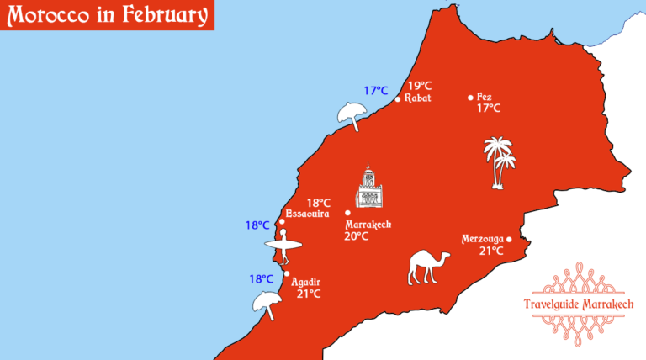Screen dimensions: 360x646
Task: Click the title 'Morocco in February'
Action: pos(106,14)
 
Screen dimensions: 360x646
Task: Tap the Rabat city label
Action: pos(417,98)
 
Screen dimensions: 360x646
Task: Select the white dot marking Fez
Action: pos(470,97)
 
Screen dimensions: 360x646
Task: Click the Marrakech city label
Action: pos(368,225)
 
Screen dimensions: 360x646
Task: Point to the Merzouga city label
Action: pos(482,239)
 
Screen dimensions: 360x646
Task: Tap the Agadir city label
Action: pos(305,282)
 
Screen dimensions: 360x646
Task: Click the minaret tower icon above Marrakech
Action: pos(368,187)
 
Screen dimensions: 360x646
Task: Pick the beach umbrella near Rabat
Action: pos(350,116)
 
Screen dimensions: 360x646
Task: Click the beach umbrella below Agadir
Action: pos(266,304)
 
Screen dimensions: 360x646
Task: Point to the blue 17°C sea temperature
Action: pos(375,91)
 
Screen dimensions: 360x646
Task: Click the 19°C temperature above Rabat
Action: pos(420,85)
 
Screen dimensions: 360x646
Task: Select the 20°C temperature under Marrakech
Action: pos(356,236)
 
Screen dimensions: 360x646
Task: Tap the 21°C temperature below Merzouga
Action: pos(491,251)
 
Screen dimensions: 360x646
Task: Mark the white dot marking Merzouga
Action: pos(509,239)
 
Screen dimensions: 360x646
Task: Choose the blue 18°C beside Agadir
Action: pos(261,279)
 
